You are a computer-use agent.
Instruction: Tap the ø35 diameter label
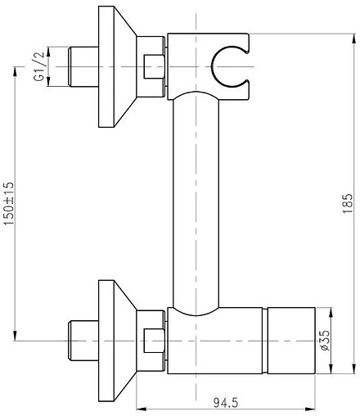324,339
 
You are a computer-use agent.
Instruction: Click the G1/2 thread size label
38,65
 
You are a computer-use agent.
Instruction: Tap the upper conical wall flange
115,66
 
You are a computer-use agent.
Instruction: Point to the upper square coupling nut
154,65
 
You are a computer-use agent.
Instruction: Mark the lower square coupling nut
154,338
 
